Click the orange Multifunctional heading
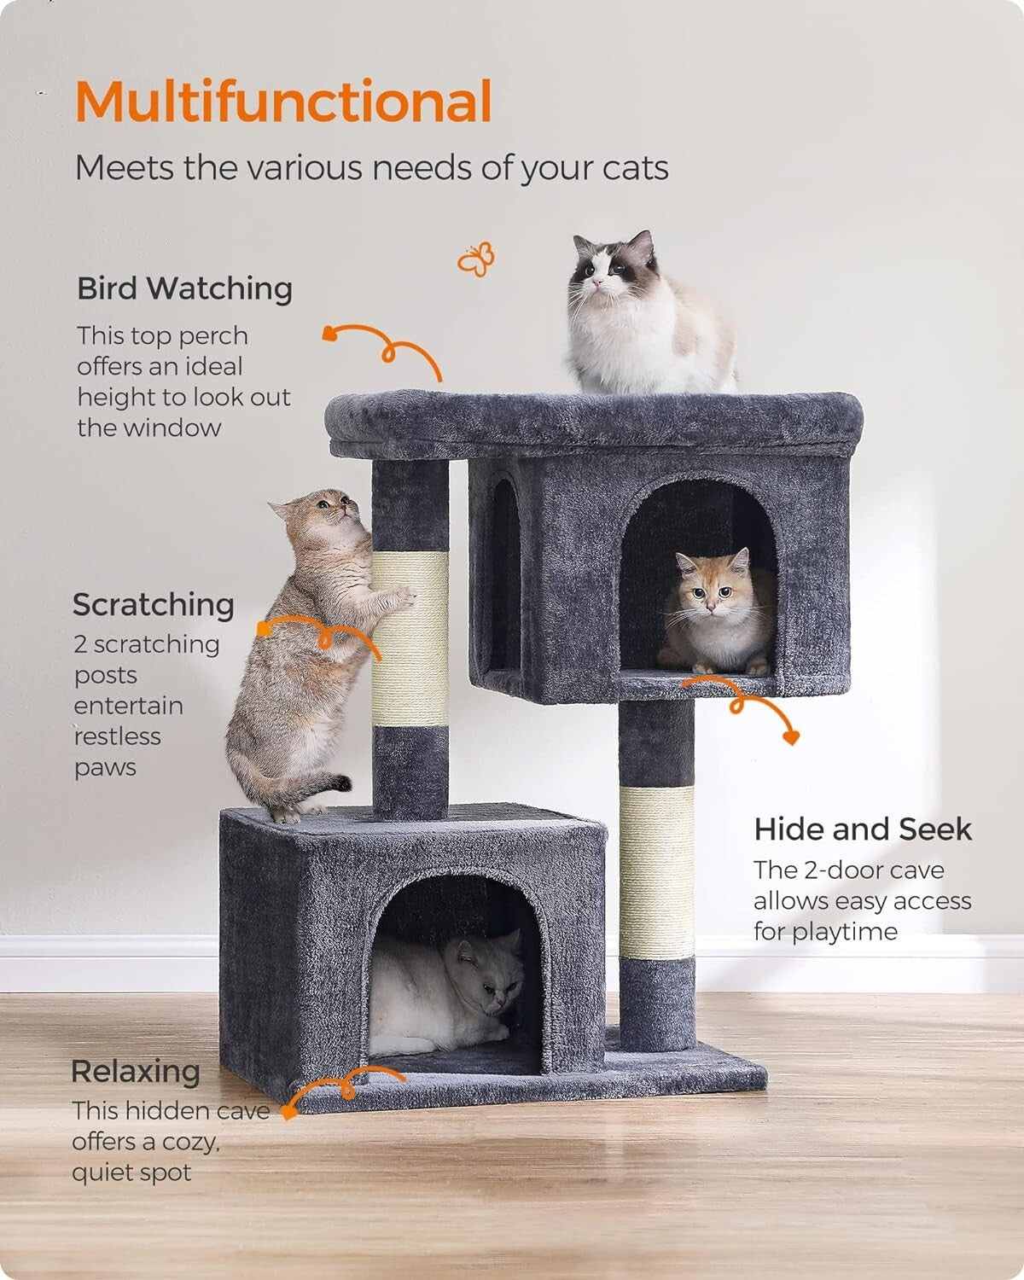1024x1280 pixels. coord(283,102)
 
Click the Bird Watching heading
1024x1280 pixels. coord(184,288)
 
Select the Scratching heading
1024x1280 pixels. coord(154,604)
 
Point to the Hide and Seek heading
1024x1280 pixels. coord(863,829)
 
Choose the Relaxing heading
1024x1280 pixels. coord(136,1071)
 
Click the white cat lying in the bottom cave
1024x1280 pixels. coord(444,994)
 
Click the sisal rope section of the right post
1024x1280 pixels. coord(656,870)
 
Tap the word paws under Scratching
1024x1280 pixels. coord(105,767)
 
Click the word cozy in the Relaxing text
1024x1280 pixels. coord(188,1142)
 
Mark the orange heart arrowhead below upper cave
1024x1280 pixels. coord(791,736)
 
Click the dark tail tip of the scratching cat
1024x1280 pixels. coord(341,782)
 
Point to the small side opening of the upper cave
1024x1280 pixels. coord(503,572)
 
